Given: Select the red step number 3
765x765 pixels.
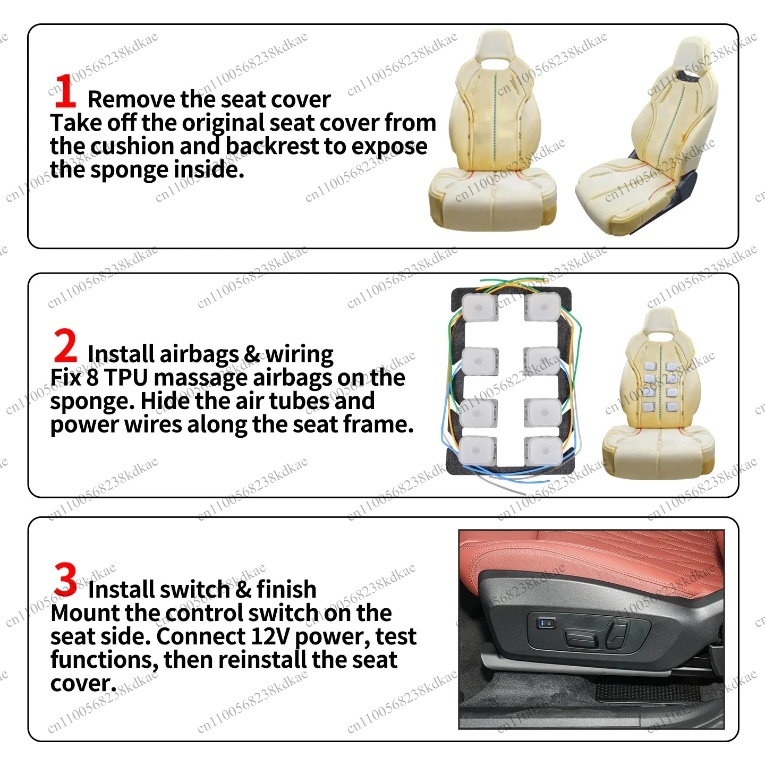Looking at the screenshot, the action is pos(65,580).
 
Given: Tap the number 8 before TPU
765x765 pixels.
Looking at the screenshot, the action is pos(92,377).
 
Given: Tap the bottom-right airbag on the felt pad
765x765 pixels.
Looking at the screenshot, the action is pos(543,452).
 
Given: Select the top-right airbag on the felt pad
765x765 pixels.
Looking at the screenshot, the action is pos(542,307).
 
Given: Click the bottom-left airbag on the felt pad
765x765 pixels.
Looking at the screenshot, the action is pos(478,451).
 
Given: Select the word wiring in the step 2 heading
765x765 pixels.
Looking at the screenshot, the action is pos(299,355).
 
